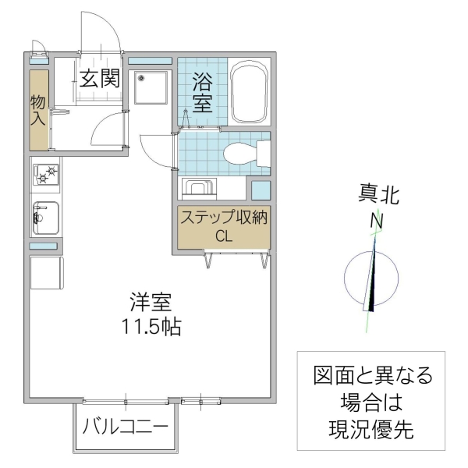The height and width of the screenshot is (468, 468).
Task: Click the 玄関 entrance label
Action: [x=98, y=79]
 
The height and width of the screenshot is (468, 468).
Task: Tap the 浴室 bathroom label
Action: [x=203, y=91]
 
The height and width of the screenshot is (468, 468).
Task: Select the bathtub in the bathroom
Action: [x=250, y=93]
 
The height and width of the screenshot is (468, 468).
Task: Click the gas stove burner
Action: [x=44, y=175]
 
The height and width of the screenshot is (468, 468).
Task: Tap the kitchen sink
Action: [x=45, y=217]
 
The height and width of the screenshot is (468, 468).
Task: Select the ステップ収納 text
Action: [x=224, y=218]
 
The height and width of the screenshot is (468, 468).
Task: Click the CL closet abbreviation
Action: [x=224, y=237]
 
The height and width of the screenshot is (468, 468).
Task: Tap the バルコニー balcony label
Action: [x=125, y=427]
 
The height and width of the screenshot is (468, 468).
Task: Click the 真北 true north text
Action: [x=378, y=194]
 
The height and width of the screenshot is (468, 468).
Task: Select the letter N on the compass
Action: [x=377, y=221]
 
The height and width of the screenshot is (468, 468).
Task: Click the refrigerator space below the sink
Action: [x=44, y=273]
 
